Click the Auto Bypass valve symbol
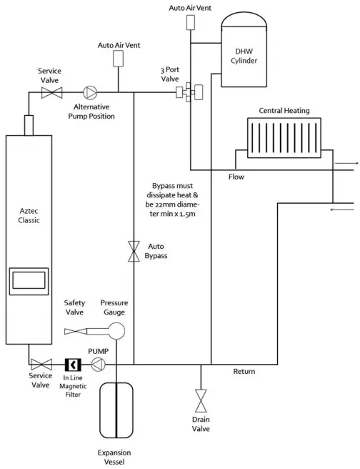tap(134, 251)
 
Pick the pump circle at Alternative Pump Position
tap(90, 92)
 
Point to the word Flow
tap(236, 177)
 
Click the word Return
tap(245, 371)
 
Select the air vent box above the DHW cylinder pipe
tap(190, 21)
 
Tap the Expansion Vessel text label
tap(115, 457)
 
